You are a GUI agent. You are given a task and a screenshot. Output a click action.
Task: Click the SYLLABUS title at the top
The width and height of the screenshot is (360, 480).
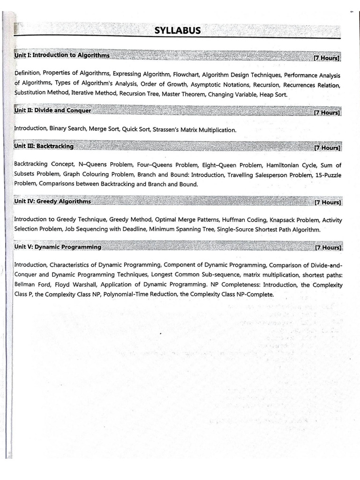(x=177, y=31)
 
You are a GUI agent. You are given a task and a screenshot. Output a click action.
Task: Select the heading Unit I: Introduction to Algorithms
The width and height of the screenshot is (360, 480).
(x=62, y=55)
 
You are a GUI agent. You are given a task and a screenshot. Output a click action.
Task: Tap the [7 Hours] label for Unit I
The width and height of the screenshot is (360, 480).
(x=327, y=58)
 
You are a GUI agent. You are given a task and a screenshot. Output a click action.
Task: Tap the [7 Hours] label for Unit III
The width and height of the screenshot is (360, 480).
(x=327, y=148)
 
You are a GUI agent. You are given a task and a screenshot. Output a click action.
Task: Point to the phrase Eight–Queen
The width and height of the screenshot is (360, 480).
(x=219, y=165)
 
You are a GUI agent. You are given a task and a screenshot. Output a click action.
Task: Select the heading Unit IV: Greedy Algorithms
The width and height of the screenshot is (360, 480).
(x=52, y=202)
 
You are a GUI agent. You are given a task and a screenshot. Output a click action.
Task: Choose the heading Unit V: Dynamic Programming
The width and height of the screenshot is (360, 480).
(x=58, y=247)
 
